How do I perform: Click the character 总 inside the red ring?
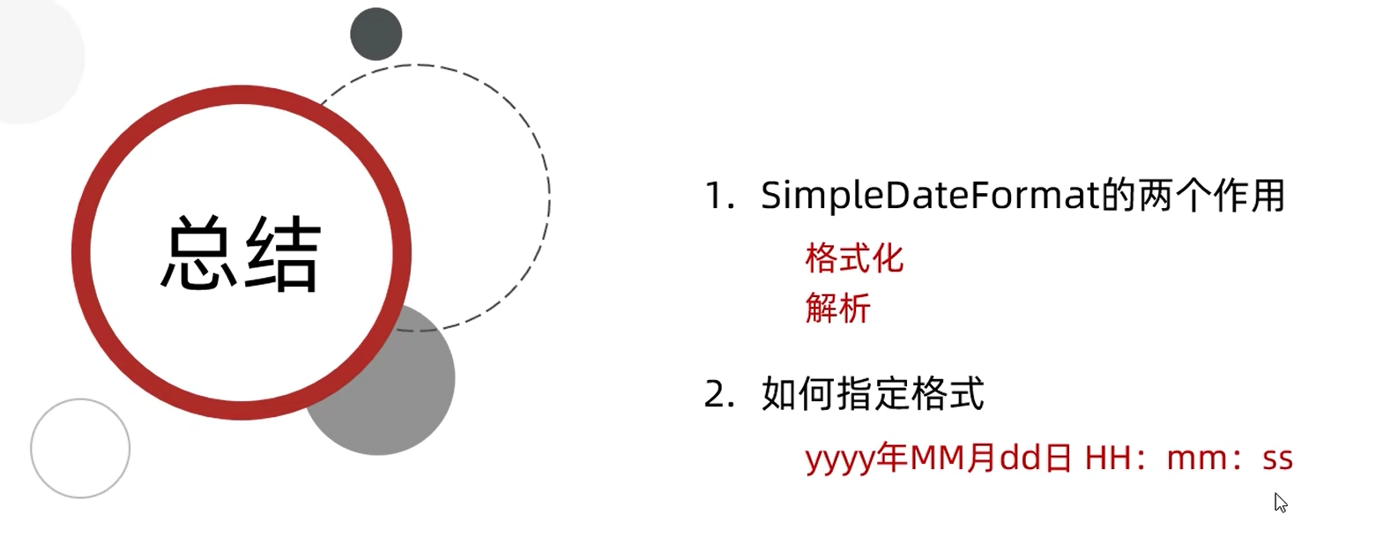point(199,254)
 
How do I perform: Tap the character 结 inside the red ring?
point(281,254)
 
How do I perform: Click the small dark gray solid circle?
point(376,34)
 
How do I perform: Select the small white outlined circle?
point(80,448)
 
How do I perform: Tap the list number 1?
point(718,196)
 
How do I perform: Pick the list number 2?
point(718,394)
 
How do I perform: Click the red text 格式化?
point(853,258)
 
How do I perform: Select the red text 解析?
point(837,309)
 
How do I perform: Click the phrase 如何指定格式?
point(873,394)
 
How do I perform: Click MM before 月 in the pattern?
point(937,458)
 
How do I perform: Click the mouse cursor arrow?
point(1280,503)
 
